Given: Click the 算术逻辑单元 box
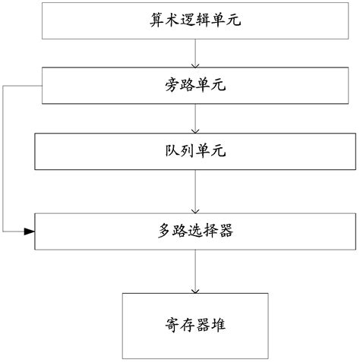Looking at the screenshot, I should pyautogui.click(x=197, y=21).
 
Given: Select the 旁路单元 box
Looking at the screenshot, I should pyautogui.click(x=197, y=86).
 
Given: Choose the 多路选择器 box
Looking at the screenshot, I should pyautogui.click(x=197, y=231).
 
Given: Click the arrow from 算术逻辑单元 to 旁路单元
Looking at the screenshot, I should pyautogui.click(x=197, y=54).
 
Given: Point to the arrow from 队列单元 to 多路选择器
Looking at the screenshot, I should pyautogui.click(x=197, y=191).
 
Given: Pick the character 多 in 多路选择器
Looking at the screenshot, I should pyautogui.click(x=160, y=231).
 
